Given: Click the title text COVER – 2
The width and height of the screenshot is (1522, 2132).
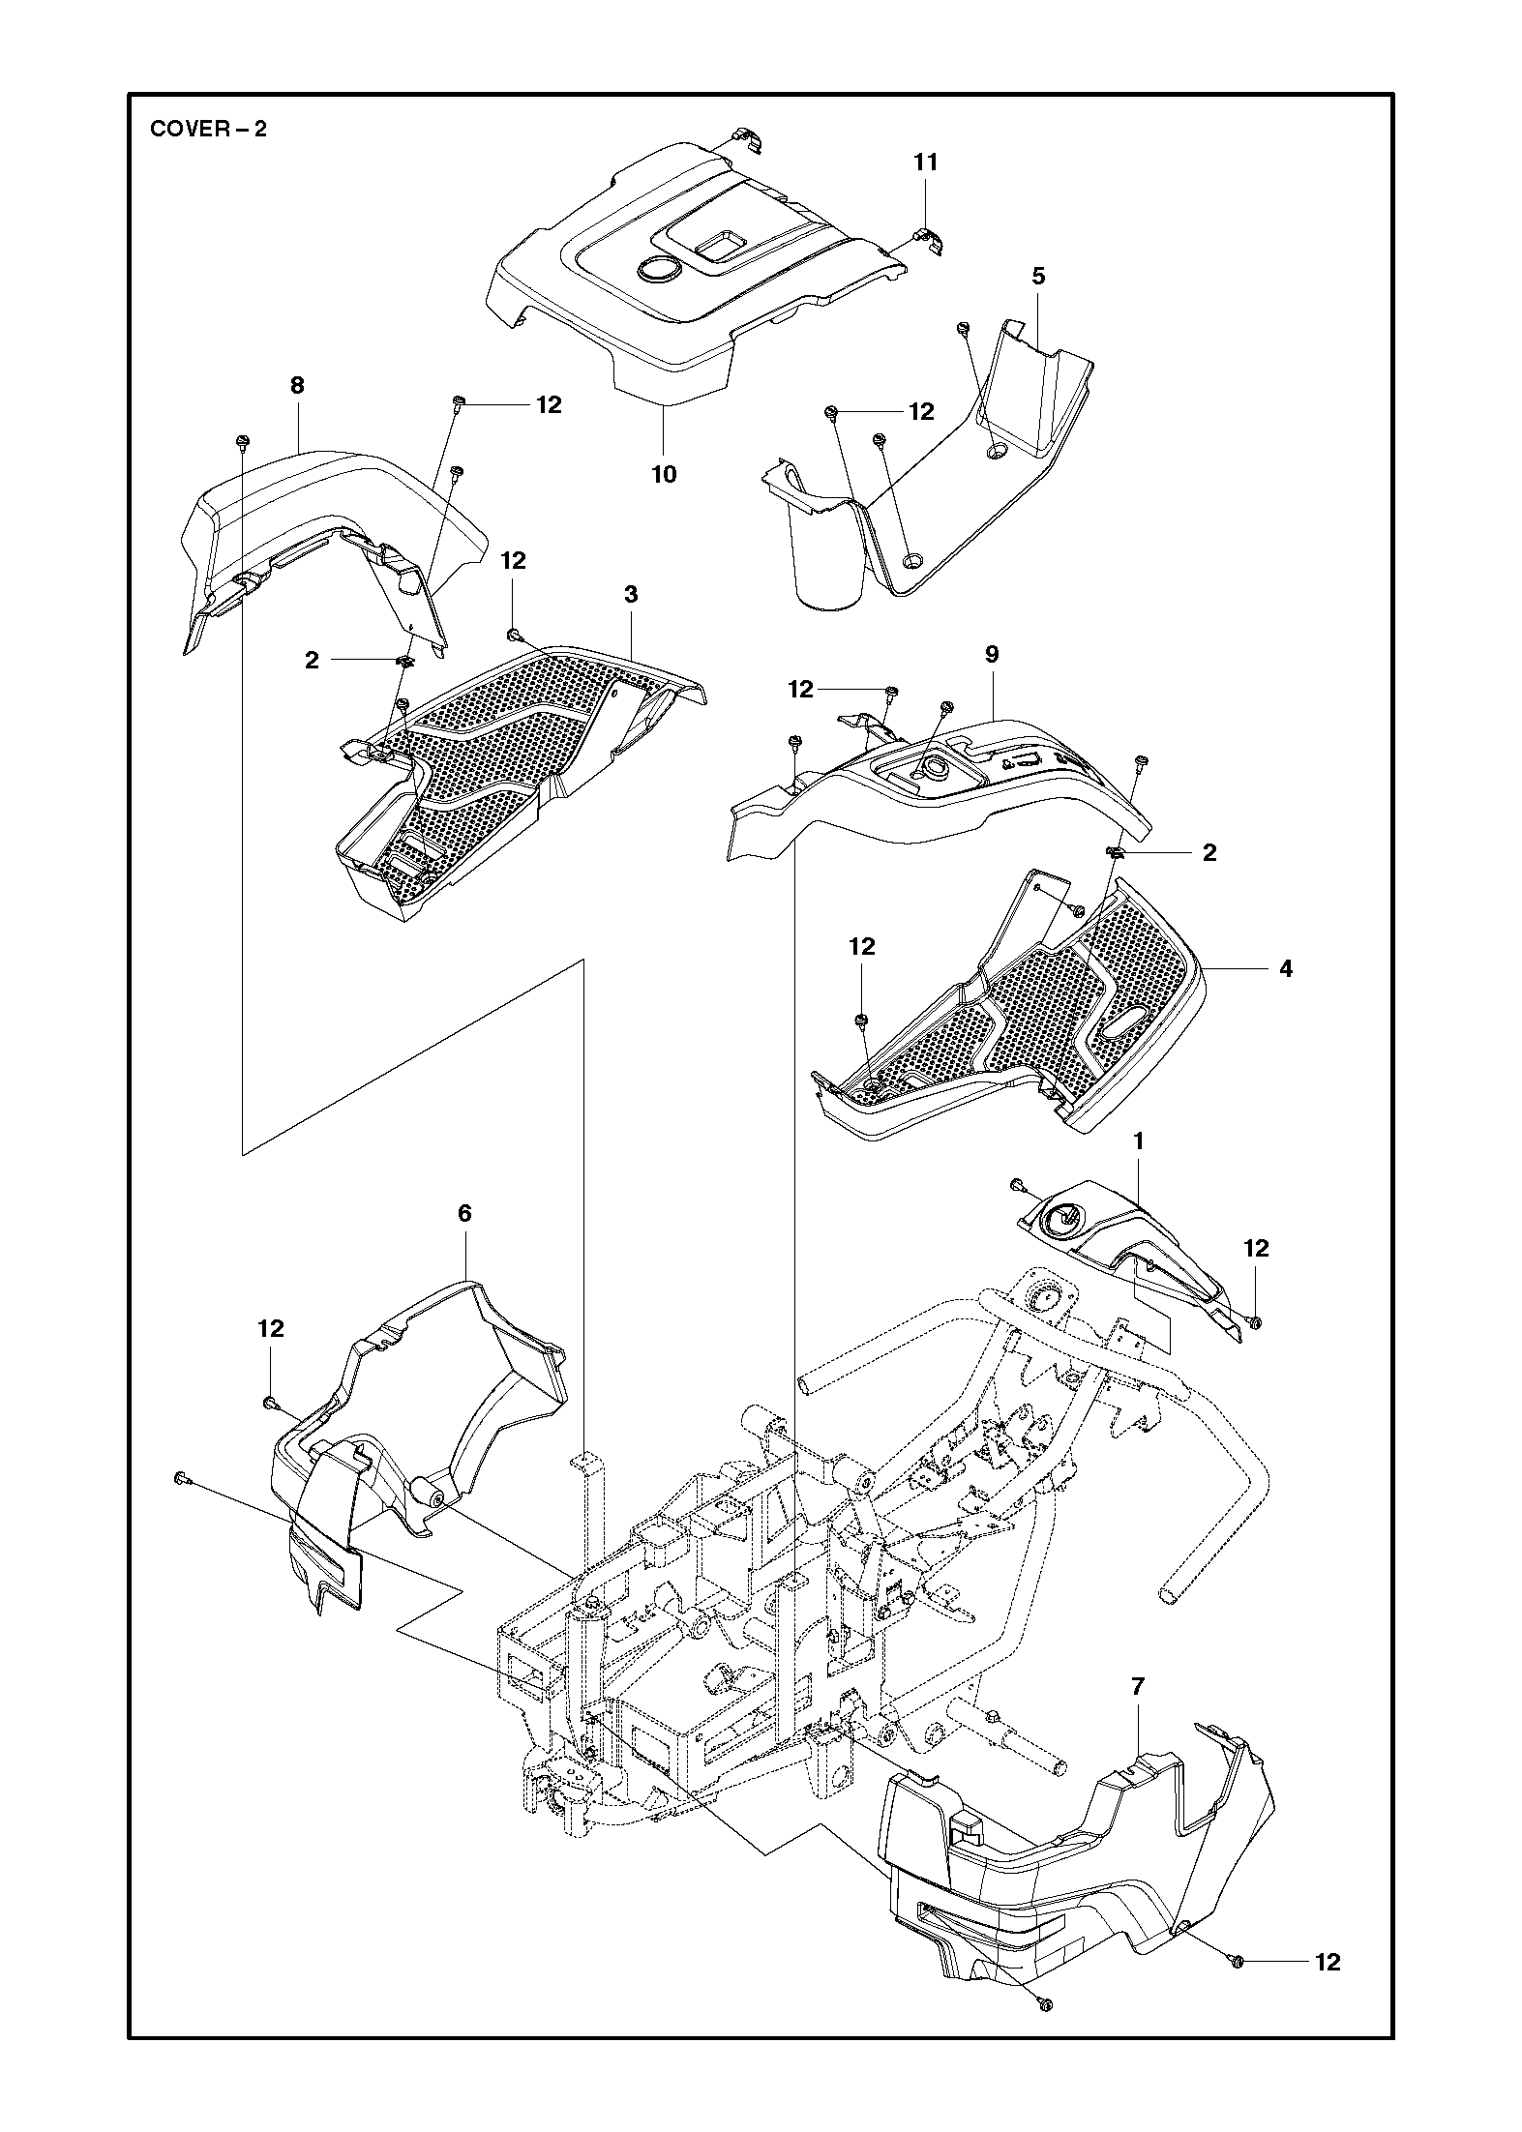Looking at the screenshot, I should [208, 129].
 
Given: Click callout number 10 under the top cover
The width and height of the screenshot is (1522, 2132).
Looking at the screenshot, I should [665, 474].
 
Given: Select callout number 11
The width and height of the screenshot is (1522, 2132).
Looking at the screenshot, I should [926, 163].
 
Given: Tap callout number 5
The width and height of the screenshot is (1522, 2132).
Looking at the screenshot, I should [1038, 276].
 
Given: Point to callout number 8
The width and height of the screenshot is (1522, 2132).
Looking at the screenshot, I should [297, 385].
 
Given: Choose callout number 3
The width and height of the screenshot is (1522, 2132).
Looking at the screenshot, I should [631, 594].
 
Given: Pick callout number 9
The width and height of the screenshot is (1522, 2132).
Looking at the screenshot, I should [992, 654].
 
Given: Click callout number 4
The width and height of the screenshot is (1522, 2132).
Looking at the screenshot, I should [1286, 967].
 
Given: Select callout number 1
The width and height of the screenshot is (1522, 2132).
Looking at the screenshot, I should [1139, 1141].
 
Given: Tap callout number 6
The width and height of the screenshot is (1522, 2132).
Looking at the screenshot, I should [464, 1213].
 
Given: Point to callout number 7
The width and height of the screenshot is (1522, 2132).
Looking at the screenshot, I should [1138, 1686].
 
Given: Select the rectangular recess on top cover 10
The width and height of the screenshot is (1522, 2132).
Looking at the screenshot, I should [719, 245].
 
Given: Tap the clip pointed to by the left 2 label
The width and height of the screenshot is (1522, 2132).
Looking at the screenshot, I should [404, 661].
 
